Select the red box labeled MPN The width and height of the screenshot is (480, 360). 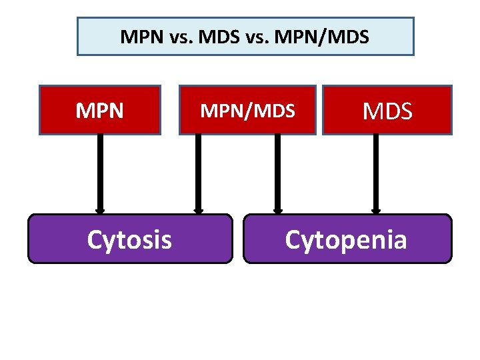pos(100,110)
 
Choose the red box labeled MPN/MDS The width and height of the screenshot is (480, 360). pos(247,110)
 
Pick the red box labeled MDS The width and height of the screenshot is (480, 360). pos(387,110)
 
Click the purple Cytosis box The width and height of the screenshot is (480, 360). pos(130,239)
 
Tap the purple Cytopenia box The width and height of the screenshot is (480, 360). pos(347,239)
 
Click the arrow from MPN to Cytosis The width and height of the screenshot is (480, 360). pos(100,173)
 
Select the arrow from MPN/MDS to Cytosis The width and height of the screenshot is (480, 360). pos(198,173)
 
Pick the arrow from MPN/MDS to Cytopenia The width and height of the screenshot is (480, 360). pos(277,173)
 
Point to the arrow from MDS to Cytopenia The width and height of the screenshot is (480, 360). pos(375,173)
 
